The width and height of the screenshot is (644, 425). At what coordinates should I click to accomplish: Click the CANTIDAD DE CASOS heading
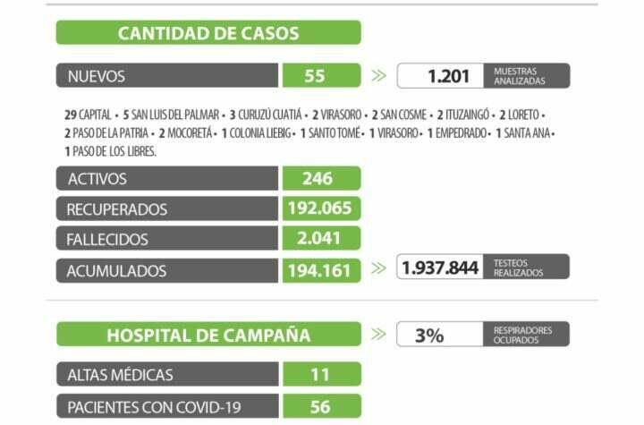click(208, 34)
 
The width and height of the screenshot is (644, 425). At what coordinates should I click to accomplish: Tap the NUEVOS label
click(96, 76)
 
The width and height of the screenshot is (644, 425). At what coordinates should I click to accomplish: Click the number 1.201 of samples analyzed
click(447, 76)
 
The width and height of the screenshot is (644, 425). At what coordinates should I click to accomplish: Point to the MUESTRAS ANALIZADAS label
click(518, 76)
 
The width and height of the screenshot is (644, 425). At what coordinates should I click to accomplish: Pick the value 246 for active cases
click(317, 179)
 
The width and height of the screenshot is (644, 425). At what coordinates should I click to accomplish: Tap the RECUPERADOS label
click(117, 209)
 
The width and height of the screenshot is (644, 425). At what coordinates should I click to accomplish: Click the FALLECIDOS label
click(107, 240)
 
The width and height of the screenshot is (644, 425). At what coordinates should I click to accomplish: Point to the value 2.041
click(319, 240)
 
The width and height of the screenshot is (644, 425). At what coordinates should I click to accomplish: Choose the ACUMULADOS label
click(116, 270)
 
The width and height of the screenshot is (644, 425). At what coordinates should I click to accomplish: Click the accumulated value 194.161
click(319, 270)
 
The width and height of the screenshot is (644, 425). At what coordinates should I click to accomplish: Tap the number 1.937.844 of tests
click(439, 268)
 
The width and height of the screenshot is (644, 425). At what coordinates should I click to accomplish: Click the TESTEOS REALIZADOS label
click(519, 268)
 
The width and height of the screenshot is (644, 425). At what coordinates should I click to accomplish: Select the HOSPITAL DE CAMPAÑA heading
click(208, 336)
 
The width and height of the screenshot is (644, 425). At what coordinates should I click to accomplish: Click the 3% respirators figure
click(429, 336)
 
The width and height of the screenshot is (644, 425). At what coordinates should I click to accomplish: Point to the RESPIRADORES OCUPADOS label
click(523, 335)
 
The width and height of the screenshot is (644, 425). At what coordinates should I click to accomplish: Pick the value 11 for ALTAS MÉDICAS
click(319, 375)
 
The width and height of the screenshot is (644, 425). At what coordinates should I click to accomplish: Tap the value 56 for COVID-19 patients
click(319, 407)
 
